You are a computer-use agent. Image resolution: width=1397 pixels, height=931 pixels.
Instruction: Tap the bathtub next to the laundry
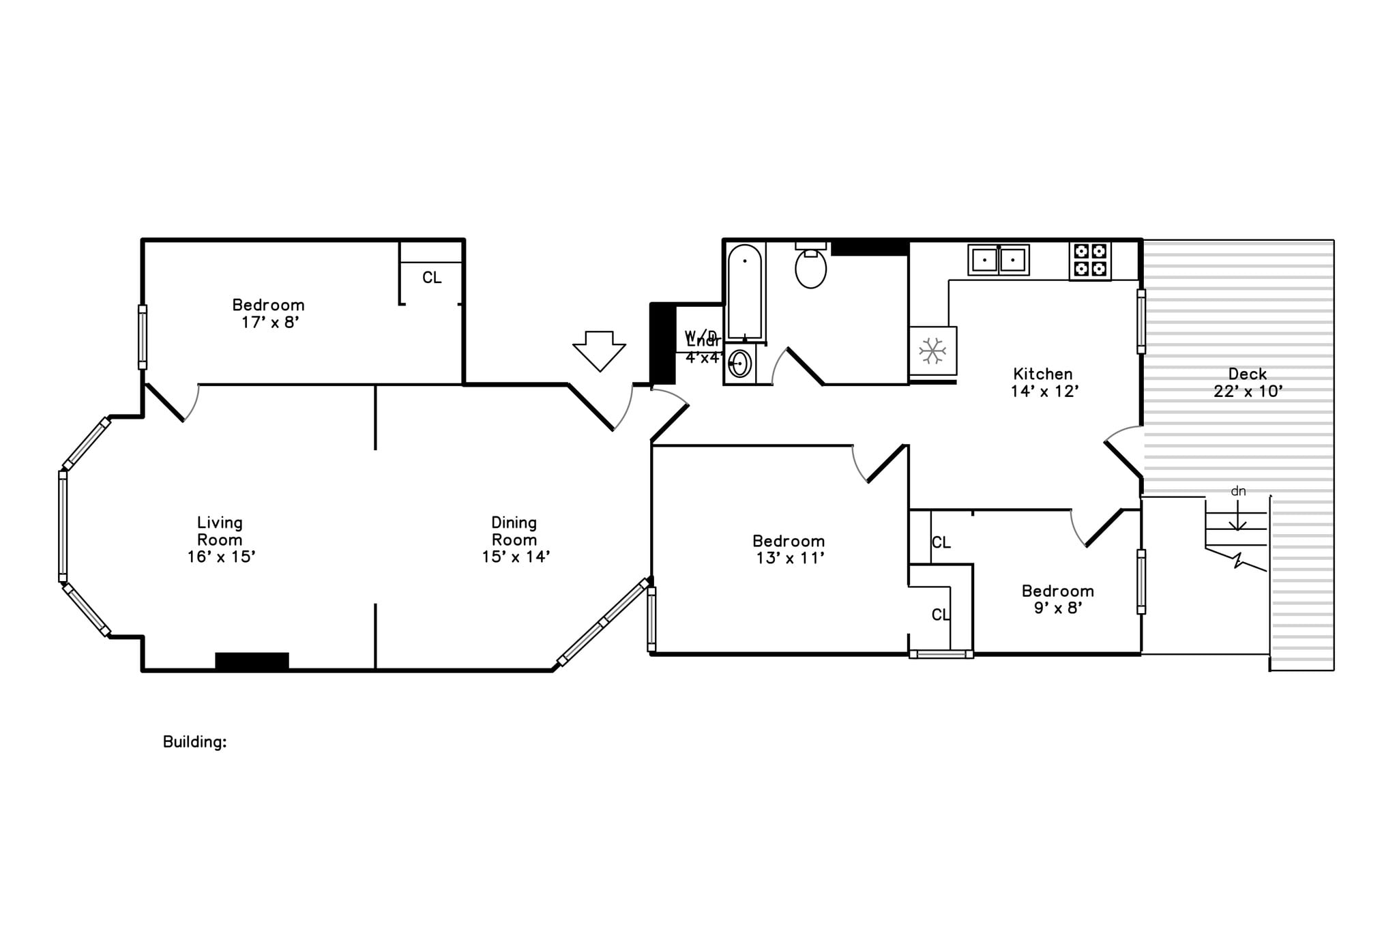(x=744, y=293)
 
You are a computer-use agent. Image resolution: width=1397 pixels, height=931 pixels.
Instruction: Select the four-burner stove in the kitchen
(x=1090, y=260)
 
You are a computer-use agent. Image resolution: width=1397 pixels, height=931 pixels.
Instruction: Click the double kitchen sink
(x=999, y=260)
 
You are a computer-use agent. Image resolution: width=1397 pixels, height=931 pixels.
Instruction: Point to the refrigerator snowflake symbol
(x=932, y=351)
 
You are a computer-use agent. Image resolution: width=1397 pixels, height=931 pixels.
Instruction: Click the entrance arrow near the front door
(x=599, y=350)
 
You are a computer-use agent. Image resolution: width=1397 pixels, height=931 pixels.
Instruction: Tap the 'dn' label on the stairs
(x=1238, y=491)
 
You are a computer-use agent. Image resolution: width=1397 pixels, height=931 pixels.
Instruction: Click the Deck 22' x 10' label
(x=1248, y=383)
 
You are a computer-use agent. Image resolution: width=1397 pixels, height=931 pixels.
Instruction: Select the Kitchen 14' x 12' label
(x=1044, y=383)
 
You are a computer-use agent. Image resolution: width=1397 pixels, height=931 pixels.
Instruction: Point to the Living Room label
(x=220, y=531)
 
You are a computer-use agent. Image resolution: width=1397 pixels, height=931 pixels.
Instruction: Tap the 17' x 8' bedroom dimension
(x=270, y=323)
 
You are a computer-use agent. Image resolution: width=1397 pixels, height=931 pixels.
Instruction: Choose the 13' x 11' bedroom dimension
(x=790, y=559)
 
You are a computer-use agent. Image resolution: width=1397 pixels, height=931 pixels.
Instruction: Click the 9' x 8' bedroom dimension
(x=1058, y=608)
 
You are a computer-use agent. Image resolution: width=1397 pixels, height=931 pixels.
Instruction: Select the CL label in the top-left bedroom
(x=432, y=278)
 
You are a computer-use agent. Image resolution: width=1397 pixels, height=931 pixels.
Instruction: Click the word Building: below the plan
(x=194, y=742)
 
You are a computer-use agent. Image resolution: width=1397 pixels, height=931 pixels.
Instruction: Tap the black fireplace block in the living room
(x=252, y=661)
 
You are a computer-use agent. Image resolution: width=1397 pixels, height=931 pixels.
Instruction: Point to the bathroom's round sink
(x=739, y=364)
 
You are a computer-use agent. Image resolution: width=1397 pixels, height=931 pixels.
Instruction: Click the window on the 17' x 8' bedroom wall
(x=143, y=337)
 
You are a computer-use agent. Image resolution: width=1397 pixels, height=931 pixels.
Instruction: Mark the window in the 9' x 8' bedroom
(x=1141, y=582)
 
